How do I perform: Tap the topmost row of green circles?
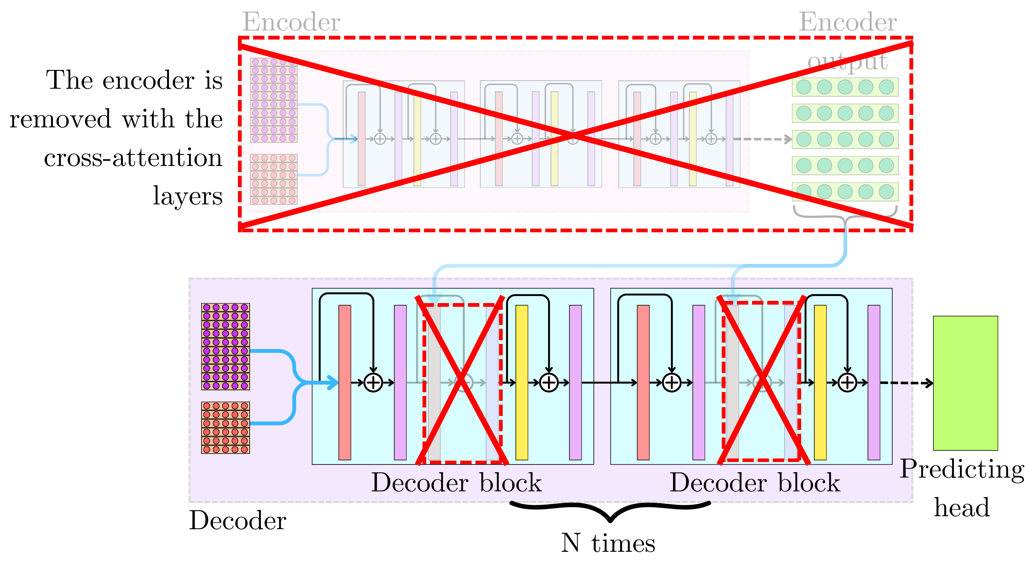pyautogui.click(x=845, y=87)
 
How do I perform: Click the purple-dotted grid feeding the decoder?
pyautogui.click(x=225, y=347)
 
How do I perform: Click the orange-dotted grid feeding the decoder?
pyautogui.click(x=225, y=427)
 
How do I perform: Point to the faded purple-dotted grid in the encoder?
pyautogui.click(x=274, y=100)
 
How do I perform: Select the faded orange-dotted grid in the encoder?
pyautogui.click(x=274, y=179)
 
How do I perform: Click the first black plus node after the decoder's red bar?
pyautogui.click(x=373, y=383)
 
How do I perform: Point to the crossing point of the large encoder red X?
pyautogui.click(x=574, y=136)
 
